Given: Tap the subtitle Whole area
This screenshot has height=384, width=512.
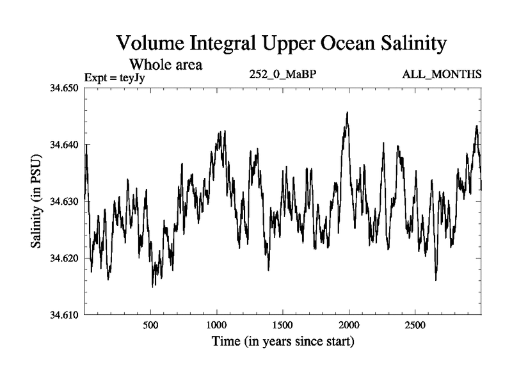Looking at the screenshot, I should coord(166,64).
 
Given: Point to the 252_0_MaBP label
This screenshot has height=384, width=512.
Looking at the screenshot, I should coord(282,75).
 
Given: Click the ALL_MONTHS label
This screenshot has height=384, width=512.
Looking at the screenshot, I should coord(442,75).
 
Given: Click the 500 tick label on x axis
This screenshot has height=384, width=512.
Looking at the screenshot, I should coord(150,325).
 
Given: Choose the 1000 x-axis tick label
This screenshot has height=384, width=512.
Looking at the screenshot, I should coord(216,325).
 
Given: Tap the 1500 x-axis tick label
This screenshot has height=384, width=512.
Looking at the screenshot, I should coord(283,325).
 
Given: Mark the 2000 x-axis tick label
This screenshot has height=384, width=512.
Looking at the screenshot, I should coord(349,325).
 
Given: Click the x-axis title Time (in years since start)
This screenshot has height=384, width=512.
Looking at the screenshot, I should coord(283,341).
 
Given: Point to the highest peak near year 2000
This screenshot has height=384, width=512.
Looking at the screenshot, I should coord(347,113).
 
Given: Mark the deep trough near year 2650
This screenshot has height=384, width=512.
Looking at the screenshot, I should coord(436,280).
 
